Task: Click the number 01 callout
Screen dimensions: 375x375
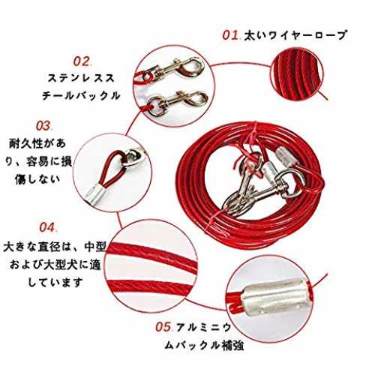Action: (230, 35)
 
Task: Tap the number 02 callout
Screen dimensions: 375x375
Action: (82, 61)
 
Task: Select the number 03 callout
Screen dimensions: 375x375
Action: (43, 126)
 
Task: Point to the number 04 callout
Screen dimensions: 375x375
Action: (47, 227)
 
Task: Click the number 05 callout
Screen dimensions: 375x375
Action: (163, 327)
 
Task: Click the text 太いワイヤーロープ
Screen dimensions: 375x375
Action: (295, 35)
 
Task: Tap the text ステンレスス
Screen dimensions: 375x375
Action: (81, 78)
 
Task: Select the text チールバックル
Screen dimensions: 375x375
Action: (81, 95)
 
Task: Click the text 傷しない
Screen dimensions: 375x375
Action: (37, 179)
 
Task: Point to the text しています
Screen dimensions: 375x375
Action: (55, 283)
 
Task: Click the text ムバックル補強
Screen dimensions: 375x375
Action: (204, 346)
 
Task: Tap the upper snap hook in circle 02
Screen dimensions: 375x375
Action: (174, 68)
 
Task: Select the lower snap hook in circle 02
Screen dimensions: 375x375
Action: (178, 103)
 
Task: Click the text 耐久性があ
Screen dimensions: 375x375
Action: (37, 143)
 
